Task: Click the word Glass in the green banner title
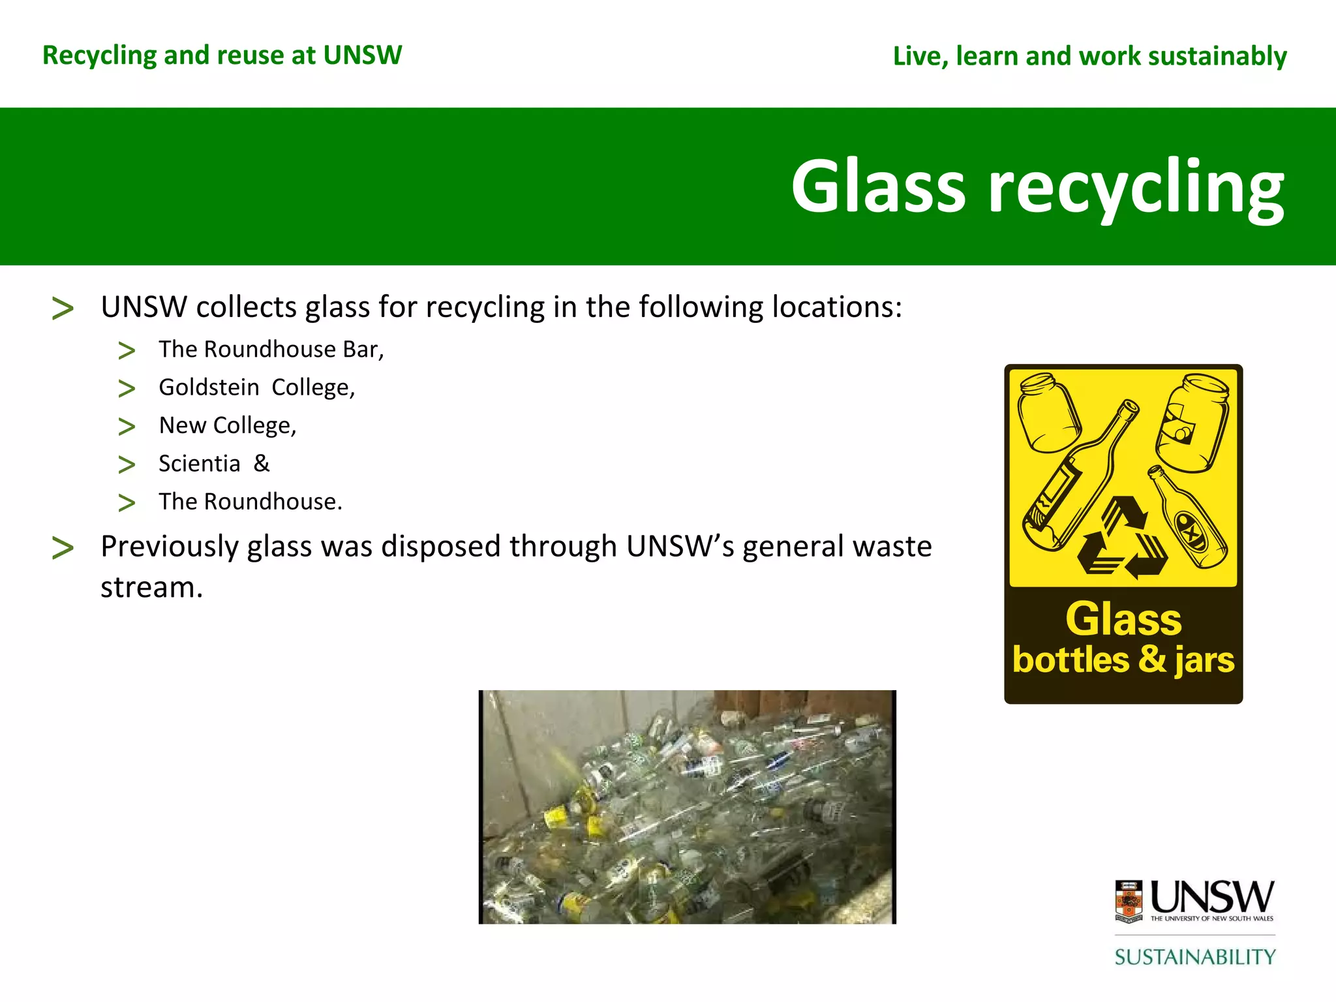coord(877,187)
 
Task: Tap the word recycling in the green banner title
coord(1136,189)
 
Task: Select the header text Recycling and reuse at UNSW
coord(222,55)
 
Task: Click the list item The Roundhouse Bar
coord(271,350)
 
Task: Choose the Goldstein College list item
coord(256,387)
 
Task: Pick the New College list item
coord(227,425)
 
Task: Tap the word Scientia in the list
coord(200,464)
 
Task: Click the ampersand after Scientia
coord(262,463)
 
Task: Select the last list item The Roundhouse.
coord(250,502)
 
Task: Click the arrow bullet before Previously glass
coord(63,548)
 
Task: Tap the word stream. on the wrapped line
coord(151,588)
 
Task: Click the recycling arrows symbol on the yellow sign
coord(1122,539)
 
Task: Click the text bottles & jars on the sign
coord(1123,660)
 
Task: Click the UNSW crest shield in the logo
coord(1129,901)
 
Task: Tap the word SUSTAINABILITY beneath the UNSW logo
coord(1194,957)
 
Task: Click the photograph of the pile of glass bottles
coord(688,807)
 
